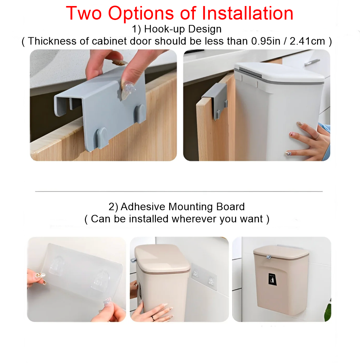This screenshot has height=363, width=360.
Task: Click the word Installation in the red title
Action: click(247, 13)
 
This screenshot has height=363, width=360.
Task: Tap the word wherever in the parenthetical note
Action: click(194, 219)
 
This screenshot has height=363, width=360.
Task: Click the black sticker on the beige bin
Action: click(272, 279)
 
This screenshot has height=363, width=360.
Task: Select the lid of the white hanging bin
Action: click(279, 73)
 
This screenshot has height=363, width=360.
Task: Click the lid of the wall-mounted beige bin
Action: click(281, 252)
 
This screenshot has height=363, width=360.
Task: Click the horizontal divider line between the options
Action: click(179, 192)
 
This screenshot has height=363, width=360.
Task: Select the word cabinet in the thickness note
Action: click(108, 41)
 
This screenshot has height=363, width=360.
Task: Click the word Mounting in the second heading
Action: click(192, 207)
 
